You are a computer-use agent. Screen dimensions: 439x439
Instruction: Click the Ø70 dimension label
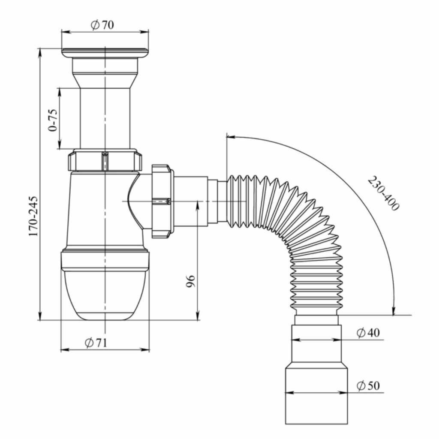pos(102,25)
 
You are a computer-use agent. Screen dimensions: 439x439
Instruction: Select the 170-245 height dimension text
pos(33,216)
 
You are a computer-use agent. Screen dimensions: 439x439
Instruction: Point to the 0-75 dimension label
pos(53,120)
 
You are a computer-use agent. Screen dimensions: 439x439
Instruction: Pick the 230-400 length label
pos(383,193)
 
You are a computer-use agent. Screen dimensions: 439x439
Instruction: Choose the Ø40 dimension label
pos(368,333)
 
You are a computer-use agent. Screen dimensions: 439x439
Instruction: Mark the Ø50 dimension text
pos(368,386)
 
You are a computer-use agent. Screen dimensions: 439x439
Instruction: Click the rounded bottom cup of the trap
pos(105,296)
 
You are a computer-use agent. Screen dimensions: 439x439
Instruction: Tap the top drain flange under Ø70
pos(105,52)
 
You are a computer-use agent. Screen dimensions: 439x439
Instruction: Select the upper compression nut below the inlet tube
pos(105,160)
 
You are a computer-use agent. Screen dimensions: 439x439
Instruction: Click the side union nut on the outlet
pos(162,200)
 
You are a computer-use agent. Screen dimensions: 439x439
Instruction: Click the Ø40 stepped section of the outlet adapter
pos(316,343)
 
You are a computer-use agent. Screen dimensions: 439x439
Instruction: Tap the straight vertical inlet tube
pos(105,116)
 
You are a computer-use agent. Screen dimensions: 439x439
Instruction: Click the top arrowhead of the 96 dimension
pos(198,204)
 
